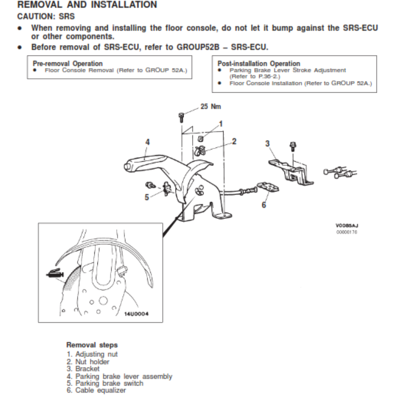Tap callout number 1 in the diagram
pyautogui.click(x=221, y=124)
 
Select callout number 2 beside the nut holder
pyautogui.click(x=234, y=141)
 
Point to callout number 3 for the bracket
pyautogui.click(x=267, y=143)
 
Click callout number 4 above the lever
pyautogui.click(x=147, y=142)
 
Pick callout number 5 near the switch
pyautogui.click(x=146, y=196)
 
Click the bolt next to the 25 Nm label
pyautogui.click(x=182, y=116)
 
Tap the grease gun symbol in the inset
pyautogui.click(x=53, y=275)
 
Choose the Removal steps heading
pyautogui.click(x=92, y=345)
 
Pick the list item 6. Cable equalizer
pyautogui.click(x=96, y=390)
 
